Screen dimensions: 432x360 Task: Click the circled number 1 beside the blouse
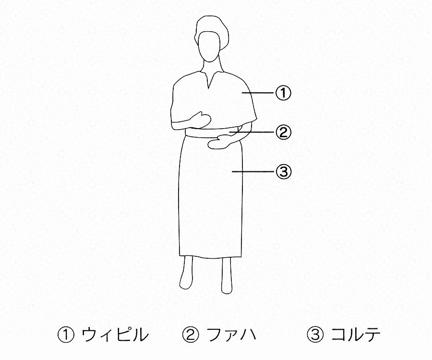coord(283,93)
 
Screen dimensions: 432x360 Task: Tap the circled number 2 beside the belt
coord(283,132)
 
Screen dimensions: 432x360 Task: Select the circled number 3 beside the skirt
coord(283,171)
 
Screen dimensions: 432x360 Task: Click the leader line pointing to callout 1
coord(259,93)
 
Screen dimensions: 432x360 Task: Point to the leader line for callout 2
coord(253,132)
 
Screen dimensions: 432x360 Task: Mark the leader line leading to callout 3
coord(254,171)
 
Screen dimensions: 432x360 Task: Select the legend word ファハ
coord(231,335)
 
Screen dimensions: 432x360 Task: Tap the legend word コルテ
coord(355,335)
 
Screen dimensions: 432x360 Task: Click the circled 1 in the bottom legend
coord(66,335)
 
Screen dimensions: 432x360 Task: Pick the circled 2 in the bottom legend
coord(190,335)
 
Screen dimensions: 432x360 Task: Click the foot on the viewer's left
coord(186,278)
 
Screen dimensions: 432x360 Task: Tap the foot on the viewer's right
coord(227,281)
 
